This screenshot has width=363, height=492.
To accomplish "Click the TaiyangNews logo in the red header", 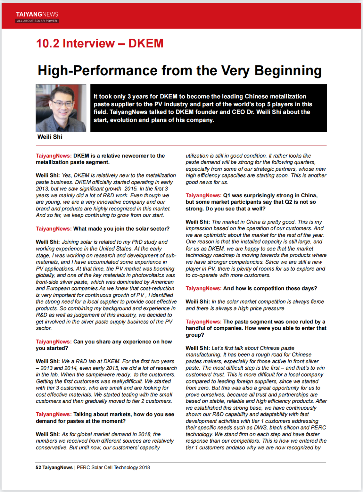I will tap(37, 14).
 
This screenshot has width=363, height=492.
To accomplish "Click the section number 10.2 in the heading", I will tap(47, 43).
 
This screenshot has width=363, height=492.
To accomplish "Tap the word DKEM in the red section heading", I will tap(146, 43).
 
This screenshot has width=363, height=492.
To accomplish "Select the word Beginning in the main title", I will tap(288, 71).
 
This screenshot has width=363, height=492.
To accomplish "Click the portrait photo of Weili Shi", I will tap(61, 108).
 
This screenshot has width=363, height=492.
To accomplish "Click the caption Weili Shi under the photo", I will tap(50, 137).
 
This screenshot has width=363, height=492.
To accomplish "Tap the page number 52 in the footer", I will tap(38, 467).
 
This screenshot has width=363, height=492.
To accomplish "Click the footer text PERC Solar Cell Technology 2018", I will tap(113, 467).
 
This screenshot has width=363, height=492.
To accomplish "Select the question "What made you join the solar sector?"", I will tap(121, 229).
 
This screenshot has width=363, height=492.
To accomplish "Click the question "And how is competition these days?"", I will tap(270, 289).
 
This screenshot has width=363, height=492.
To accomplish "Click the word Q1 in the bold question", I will tap(227, 196).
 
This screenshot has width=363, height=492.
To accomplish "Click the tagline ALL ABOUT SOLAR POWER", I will tap(37, 21).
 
